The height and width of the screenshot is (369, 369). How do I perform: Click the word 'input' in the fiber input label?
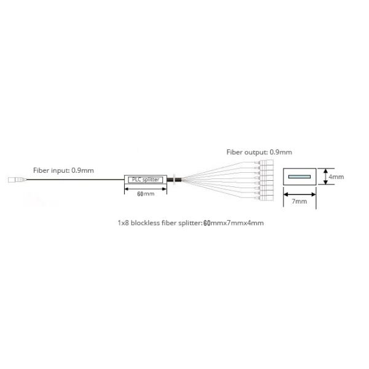tap(64, 170)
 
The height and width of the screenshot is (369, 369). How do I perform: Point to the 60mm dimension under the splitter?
tap(145, 194)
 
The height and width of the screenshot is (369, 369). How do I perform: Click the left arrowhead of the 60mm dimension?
tap(127, 189)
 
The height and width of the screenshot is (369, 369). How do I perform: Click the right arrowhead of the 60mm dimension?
tap(164, 189)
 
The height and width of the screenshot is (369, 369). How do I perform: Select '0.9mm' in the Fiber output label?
tap(280, 151)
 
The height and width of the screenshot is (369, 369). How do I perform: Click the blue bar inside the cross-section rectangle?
tap(299, 177)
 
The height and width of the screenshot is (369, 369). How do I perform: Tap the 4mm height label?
tap(336, 177)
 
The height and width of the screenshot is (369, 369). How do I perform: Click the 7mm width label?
tap(300, 201)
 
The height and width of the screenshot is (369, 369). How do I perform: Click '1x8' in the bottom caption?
tap(123, 223)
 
